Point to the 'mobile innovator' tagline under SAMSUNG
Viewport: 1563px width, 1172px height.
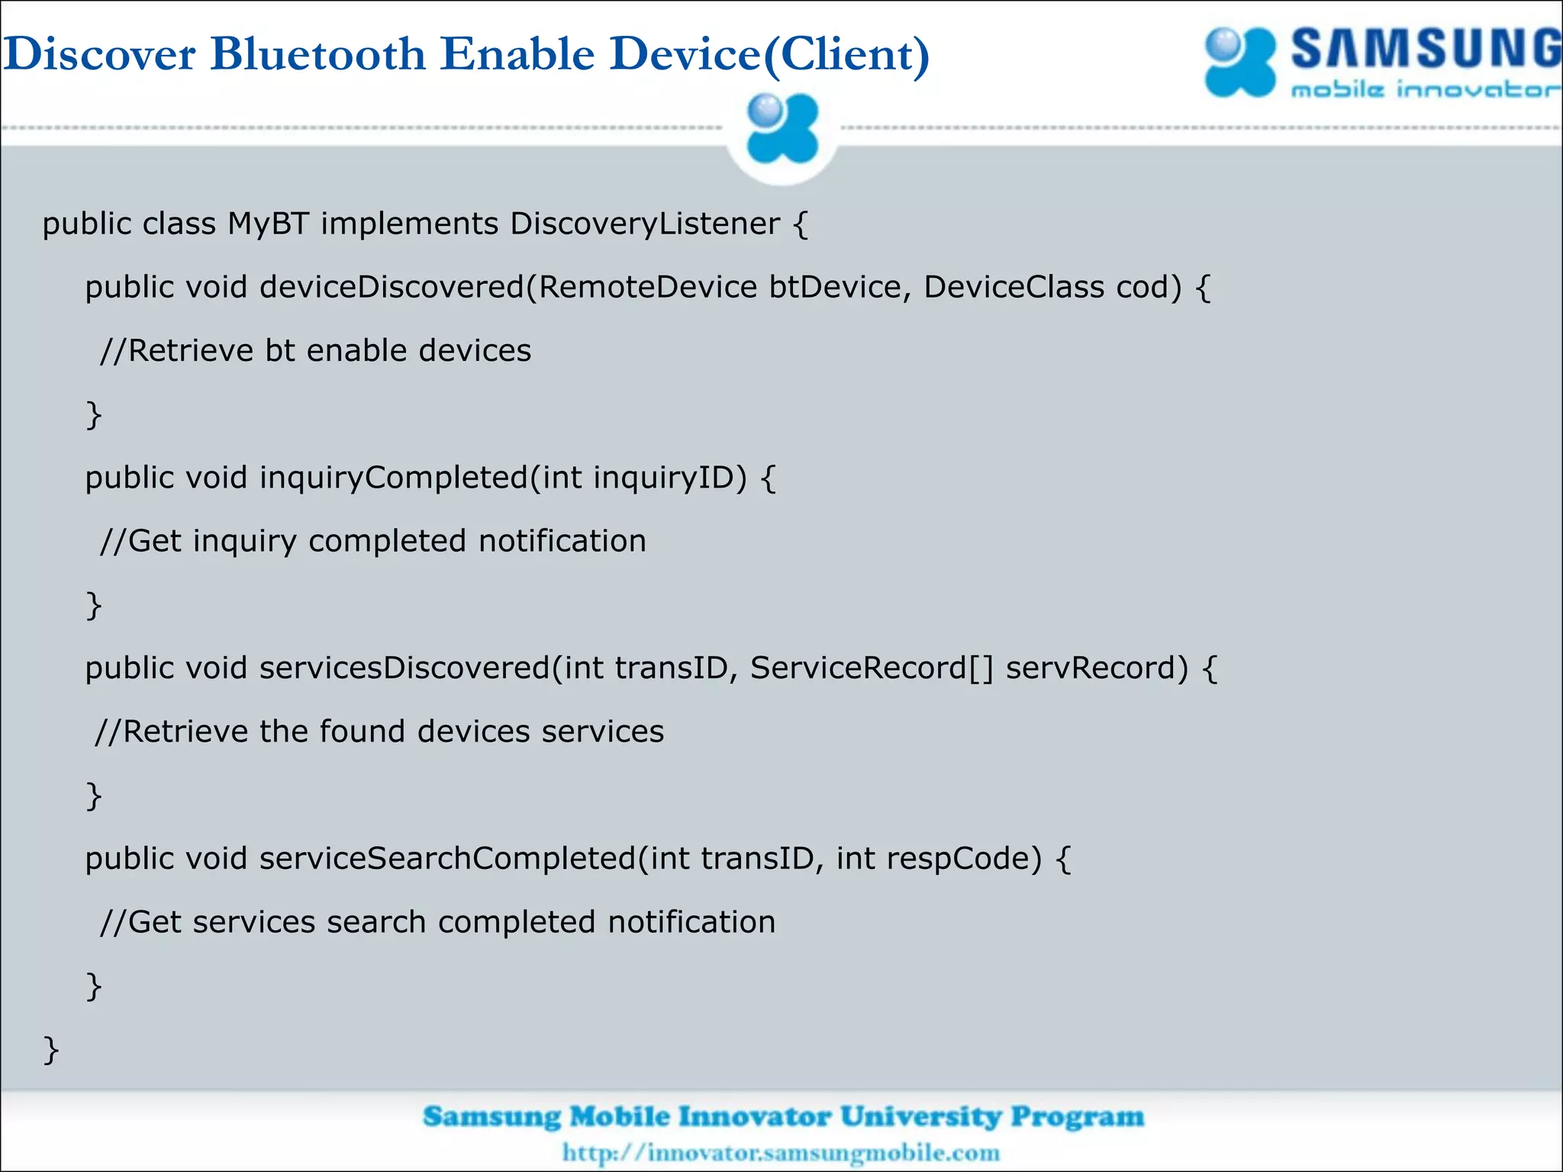(x=1424, y=90)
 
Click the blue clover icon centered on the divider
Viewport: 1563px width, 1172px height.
(x=782, y=129)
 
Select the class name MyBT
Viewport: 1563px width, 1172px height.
(x=268, y=224)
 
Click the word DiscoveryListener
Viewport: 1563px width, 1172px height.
(x=645, y=224)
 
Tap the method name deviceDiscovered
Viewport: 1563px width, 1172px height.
(x=392, y=288)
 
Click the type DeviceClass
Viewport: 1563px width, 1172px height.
(x=1014, y=288)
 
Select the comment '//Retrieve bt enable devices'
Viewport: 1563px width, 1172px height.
(x=315, y=351)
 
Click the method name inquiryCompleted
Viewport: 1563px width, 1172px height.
(x=394, y=478)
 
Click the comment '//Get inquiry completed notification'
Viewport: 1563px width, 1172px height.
(x=372, y=542)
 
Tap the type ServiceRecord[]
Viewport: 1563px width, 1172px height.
(x=872, y=668)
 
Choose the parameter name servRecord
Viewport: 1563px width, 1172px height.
(x=1096, y=668)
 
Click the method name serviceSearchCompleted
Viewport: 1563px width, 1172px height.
(x=447, y=859)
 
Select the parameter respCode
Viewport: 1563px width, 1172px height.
(x=963, y=859)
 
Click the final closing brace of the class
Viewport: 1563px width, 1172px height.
(x=50, y=1050)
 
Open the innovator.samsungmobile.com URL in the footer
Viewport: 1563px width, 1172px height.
(x=781, y=1152)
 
